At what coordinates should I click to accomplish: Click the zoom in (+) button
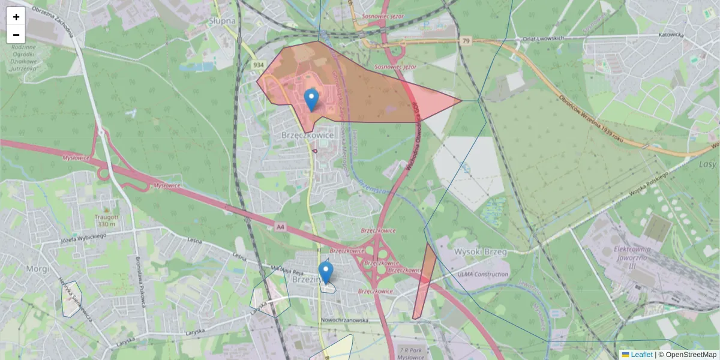[16, 16]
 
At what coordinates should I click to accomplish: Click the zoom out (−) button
[16, 35]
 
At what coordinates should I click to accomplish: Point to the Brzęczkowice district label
[307, 136]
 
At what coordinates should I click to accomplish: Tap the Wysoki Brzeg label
[481, 251]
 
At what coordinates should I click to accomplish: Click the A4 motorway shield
[280, 227]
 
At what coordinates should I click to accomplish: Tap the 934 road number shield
[259, 65]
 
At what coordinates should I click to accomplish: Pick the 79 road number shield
[466, 41]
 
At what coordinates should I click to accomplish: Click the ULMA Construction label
[483, 274]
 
